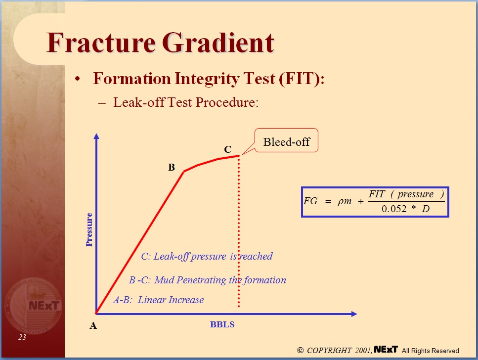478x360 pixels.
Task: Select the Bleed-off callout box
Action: tap(286, 142)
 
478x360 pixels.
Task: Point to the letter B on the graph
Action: tap(172, 167)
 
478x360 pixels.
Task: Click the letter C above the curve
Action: tap(227, 149)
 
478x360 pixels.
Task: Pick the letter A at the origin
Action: tap(93, 326)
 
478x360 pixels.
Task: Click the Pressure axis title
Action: tap(89, 229)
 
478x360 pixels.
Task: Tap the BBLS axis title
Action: tap(222, 325)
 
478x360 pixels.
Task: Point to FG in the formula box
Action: tap(311, 201)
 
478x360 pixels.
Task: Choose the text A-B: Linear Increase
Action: tap(158, 300)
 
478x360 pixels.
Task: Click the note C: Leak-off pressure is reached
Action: tap(207, 256)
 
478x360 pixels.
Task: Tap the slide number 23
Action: tap(22, 337)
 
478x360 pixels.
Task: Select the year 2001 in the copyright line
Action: tap(362, 350)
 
